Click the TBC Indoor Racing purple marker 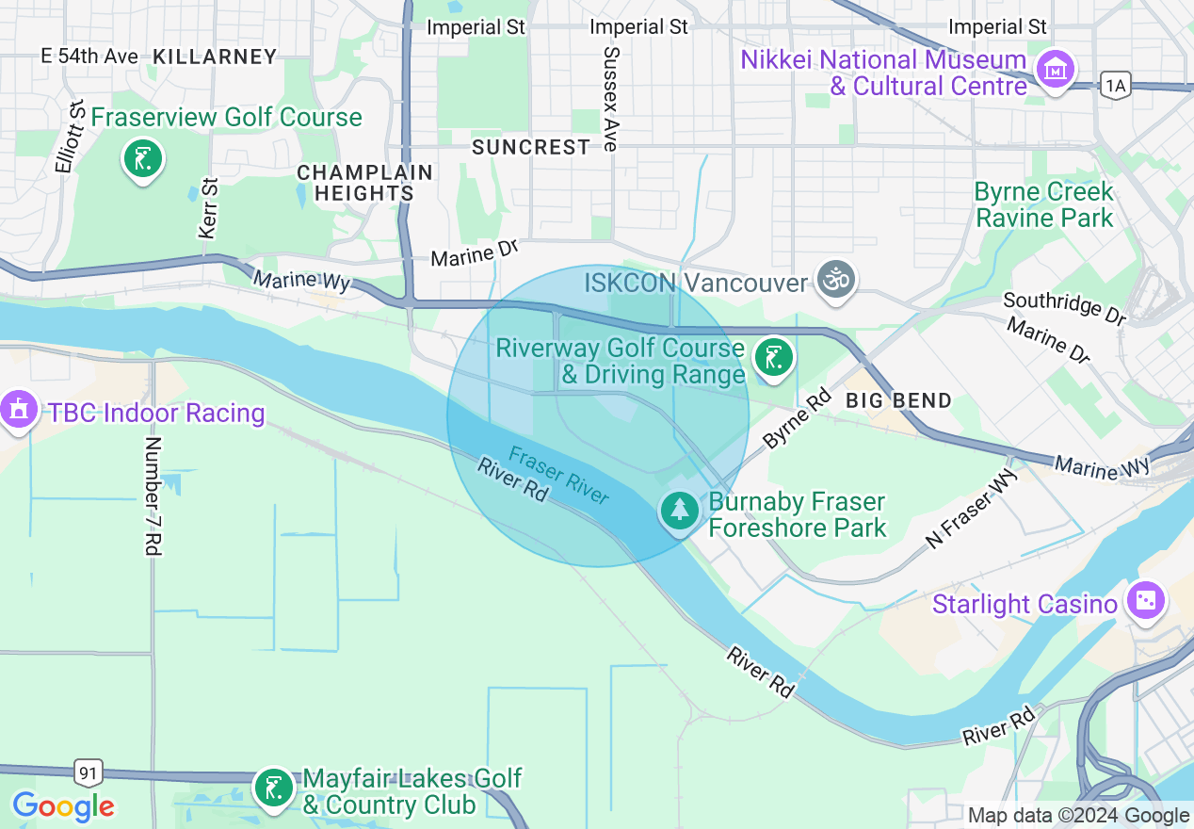pyautogui.click(x=19, y=411)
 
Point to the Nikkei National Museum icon pyautogui.click(x=1056, y=70)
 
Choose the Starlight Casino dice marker pyautogui.click(x=1145, y=601)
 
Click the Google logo pyautogui.click(x=63, y=806)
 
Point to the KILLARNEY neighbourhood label pyautogui.click(x=215, y=57)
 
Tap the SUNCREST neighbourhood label pyautogui.click(x=531, y=147)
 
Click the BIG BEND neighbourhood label pyautogui.click(x=898, y=400)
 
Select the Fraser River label pyautogui.click(x=558, y=476)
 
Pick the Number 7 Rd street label pyautogui.click(x=153, y=495)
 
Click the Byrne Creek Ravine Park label pyautogui.click(x=1043, y=204)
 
